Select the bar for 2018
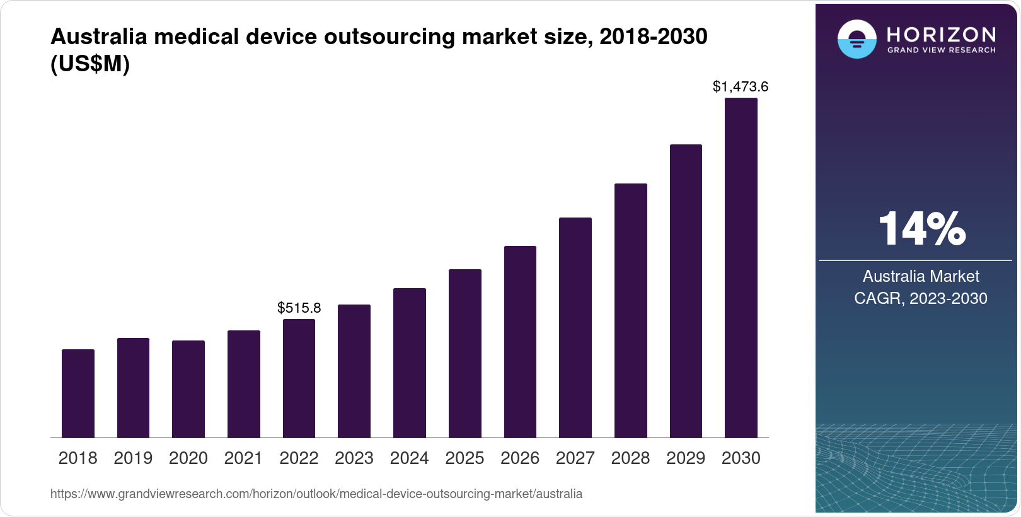[78, 393]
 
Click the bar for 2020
[188, 389]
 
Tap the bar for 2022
[299, 378]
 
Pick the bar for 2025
[464, 353]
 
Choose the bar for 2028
[630, 310]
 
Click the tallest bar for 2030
[741, 267]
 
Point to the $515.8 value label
[299, 308]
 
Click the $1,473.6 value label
[741, 86]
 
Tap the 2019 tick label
[133, 458]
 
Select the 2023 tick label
[354, 458]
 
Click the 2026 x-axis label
[520, 458]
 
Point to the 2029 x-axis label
[686, 458]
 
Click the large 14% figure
[921, 229]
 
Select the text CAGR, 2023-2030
[921, 298]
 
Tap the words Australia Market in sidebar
[921, 276]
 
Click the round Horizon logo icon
[857, 39]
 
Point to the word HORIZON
[941, 34]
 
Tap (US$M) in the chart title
[90, 64]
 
